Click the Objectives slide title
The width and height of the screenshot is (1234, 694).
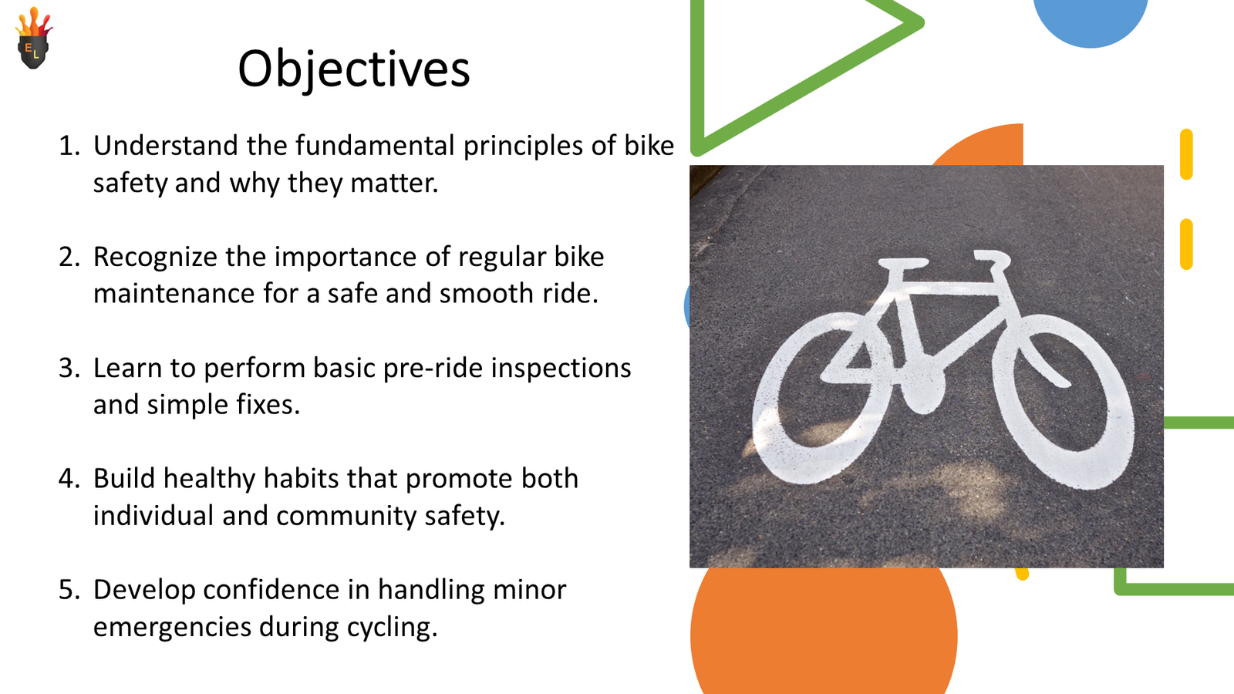[x=353, y=69]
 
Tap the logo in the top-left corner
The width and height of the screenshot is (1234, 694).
[x=33, y=40]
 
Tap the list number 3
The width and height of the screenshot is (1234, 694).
[x=69, y=368]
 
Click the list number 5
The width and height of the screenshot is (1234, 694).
[x=69, y=590]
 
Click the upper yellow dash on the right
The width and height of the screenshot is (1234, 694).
[x=1186, y=154]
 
